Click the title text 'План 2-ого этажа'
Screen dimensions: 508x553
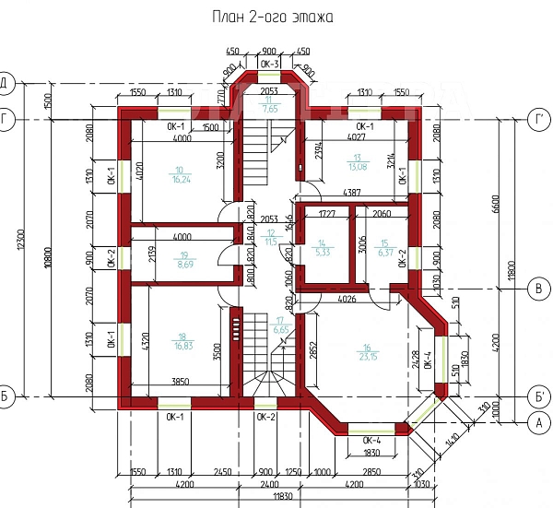point(272,17)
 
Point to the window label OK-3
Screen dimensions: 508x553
point(270,64)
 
